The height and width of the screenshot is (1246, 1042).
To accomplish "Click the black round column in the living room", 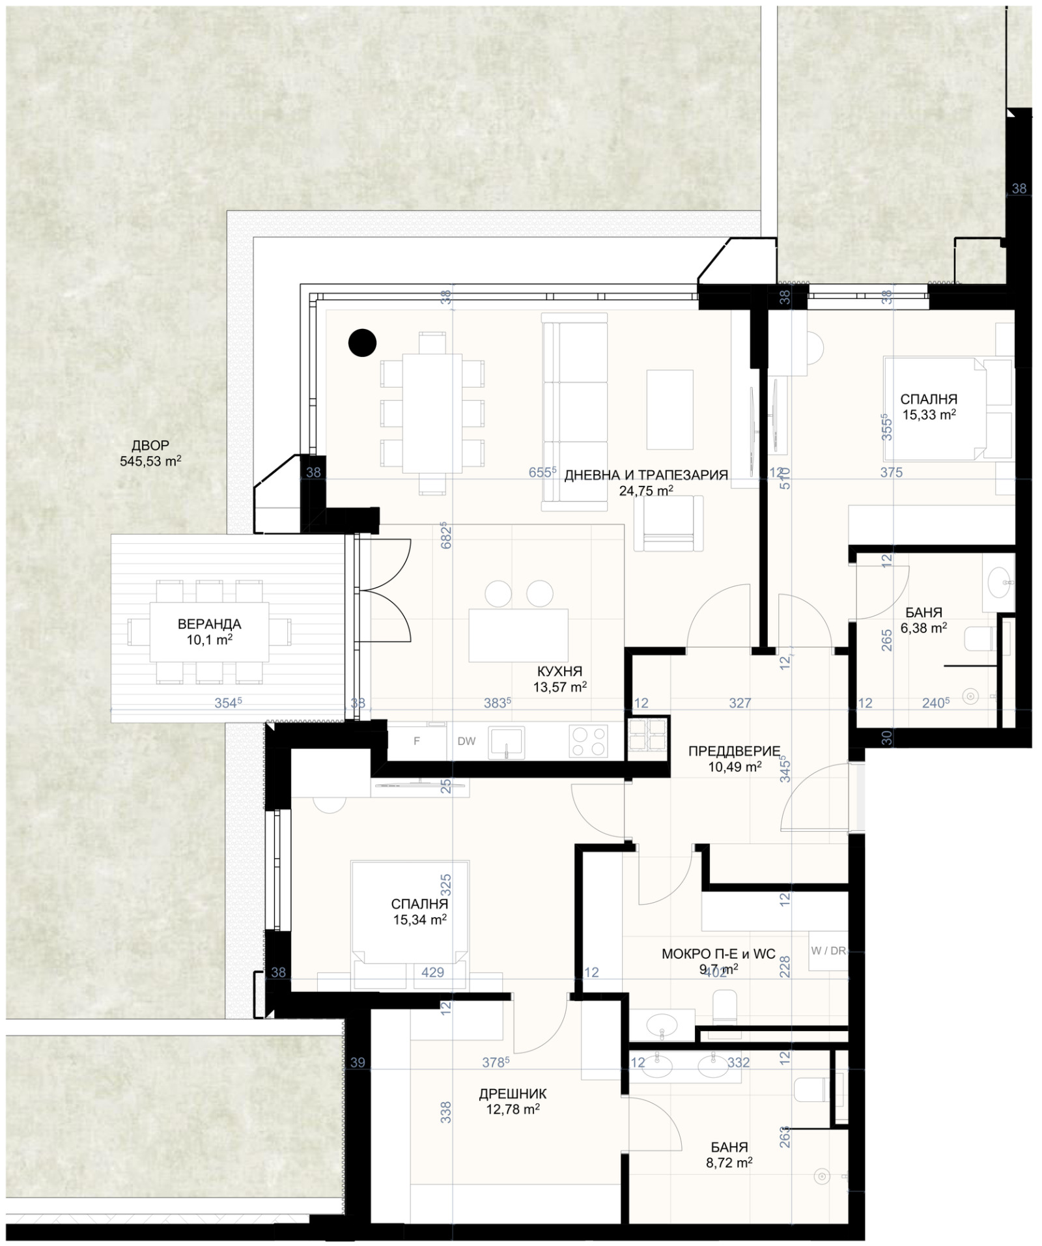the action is tap(362, 343).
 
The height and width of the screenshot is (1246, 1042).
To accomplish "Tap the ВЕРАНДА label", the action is tap(209, 624).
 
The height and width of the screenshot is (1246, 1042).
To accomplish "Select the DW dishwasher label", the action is tap(466, 741).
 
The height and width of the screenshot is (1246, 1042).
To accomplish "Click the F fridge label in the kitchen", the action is tap(417, 741).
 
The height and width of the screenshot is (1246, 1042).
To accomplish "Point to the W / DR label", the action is tap(828, 950).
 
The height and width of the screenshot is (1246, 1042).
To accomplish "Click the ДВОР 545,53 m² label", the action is tap(150, 453).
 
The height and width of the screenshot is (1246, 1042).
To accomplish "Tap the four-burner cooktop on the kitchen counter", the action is tap(587, 742).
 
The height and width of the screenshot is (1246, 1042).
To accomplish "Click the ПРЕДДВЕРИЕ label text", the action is tap(734, 751).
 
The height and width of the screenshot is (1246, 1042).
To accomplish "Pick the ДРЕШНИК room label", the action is tap(513, 1094).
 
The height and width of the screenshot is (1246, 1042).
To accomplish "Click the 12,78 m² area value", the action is tap(513, 1109).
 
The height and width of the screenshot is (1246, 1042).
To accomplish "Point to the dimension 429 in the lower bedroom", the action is tap(432, 972).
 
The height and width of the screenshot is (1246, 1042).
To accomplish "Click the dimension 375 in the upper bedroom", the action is tap(891, 473).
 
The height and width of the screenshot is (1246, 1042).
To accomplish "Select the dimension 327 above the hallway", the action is tap(740, 703).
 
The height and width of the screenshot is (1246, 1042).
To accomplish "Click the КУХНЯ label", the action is tap(559, 671).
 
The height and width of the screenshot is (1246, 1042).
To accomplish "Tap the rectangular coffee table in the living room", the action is tap(669, 409).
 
